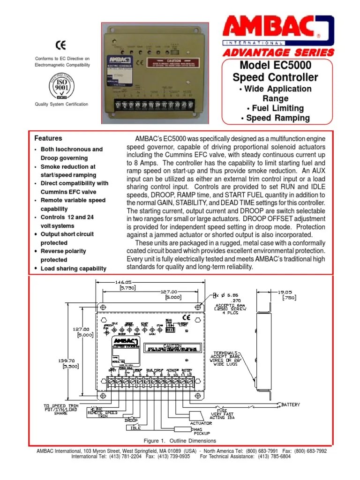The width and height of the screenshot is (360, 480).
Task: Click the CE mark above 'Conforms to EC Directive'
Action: click(x=60, y=46)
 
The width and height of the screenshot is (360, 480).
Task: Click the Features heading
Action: click(x=48, y=138)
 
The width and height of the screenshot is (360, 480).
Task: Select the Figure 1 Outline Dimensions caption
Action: click(x=180, y=441)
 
